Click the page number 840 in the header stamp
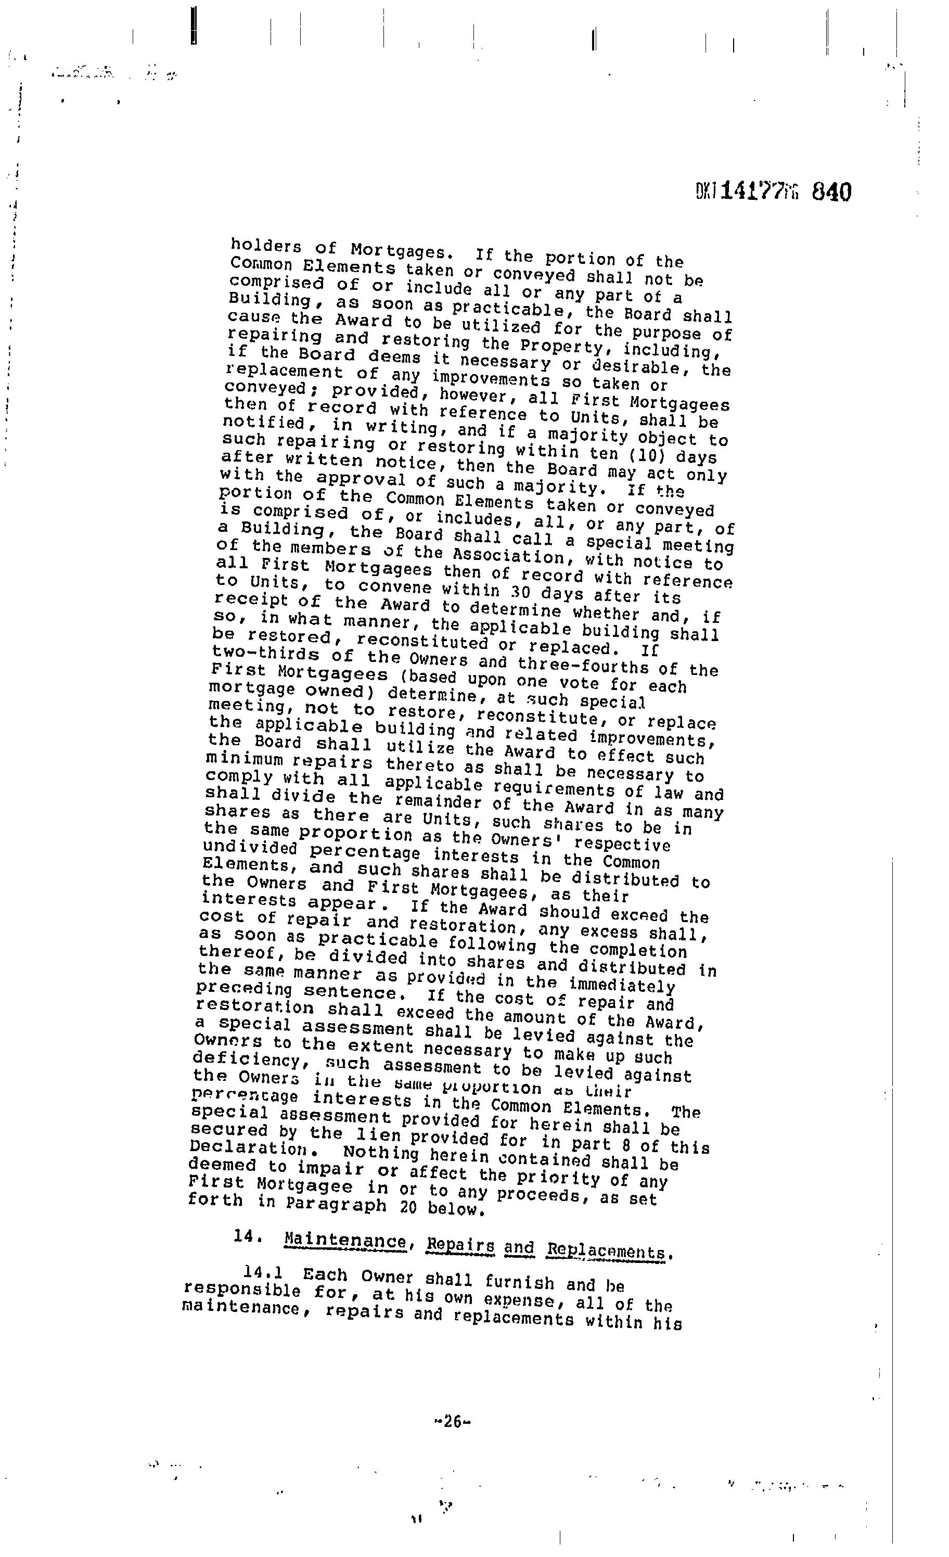[x=831, y=192]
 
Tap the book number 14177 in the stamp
[x=752, y=191]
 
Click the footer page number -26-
[x=453, y=1422]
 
